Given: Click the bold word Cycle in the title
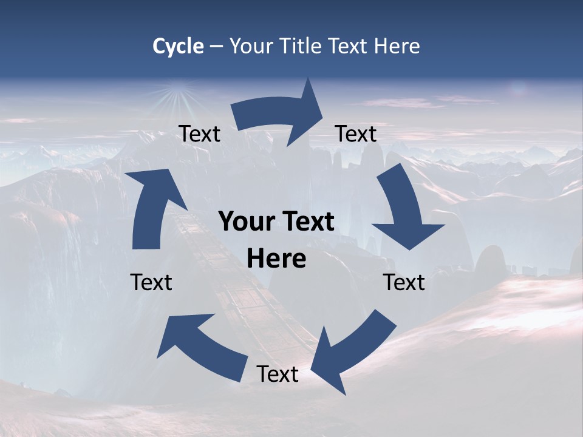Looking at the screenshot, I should point(178,46).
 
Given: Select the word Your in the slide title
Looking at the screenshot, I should point(250,46).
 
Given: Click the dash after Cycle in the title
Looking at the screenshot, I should point(216,47).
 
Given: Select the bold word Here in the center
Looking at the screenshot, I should point(276,259).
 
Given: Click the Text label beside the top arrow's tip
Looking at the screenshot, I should point(356,134).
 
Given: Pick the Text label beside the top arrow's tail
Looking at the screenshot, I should point(199,134).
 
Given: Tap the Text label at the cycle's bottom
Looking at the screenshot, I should point(278,374).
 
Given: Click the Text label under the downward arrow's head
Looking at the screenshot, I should point(404,282).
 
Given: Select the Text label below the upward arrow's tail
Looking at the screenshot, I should point(151,282).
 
